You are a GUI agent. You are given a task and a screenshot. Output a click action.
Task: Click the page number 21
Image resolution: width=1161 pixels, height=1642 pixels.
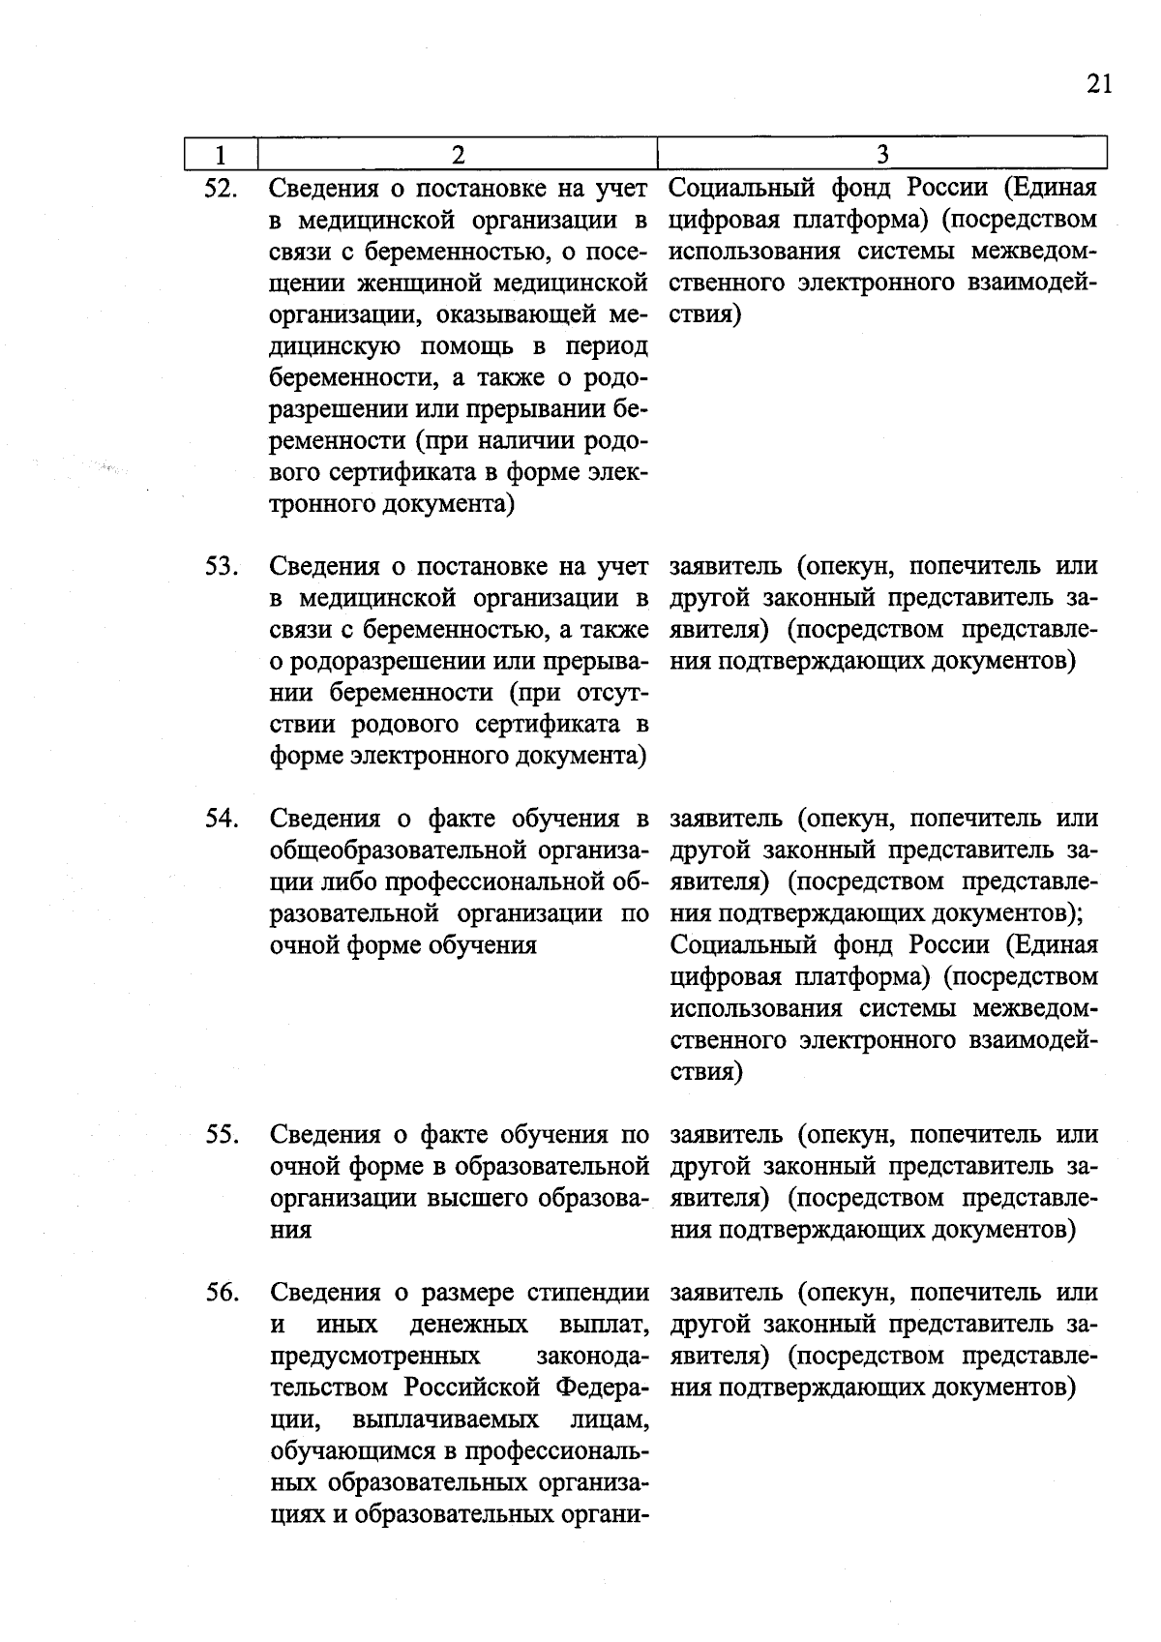(1099, 84)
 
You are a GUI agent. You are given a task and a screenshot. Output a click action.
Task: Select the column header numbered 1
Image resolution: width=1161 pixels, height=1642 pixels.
(222, 155)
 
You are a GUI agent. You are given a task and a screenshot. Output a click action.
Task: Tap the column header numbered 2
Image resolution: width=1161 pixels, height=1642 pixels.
(458, 155)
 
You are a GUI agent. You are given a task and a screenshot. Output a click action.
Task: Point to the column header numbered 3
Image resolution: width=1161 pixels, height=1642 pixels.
(881, 155)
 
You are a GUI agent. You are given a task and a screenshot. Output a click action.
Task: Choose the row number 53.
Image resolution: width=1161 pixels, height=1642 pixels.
(222, 566)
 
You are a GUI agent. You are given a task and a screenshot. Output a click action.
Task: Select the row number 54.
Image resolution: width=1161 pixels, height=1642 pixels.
(222, 819)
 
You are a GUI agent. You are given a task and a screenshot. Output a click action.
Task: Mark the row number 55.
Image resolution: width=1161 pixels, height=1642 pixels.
(222, 1134)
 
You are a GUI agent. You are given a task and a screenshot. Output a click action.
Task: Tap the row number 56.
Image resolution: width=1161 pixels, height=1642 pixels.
(222, 1293)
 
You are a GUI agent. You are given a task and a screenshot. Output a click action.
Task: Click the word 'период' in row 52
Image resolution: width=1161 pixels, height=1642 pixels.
(601, 346)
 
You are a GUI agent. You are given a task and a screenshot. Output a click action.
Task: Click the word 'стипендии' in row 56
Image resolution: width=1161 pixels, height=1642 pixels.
(588, 1293)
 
